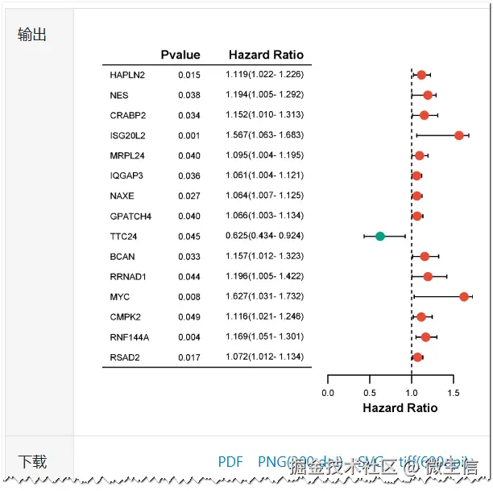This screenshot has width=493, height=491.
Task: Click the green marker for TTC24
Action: click(380, 236)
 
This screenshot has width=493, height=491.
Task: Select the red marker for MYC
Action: click(464, 297)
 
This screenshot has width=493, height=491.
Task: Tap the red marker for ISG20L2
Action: click(459, 135)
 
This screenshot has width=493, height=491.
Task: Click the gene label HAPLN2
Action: click(127, 75)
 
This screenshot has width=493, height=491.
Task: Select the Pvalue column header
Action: click(180, 55)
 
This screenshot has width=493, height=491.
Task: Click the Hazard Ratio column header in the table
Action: click(266, 55)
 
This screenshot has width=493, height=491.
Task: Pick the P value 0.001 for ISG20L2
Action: click(189, 135)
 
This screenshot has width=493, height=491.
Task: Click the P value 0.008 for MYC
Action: click(189, 297)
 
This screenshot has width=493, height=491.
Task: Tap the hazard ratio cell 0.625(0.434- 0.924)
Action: click(264, 236)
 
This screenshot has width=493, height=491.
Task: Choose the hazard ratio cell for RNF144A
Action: click(264, 336)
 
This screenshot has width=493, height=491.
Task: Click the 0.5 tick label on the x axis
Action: click(370, 393)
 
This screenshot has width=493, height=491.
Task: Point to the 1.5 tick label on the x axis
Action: click(454, 393)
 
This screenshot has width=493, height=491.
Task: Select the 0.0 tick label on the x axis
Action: click(328, 393)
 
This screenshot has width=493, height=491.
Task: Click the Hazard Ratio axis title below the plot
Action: click(400, 408)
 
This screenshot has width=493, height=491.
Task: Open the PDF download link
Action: click(230, 462)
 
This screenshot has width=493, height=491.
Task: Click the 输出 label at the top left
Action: click(32, 34)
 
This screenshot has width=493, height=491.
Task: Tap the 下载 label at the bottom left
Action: click(32, 461)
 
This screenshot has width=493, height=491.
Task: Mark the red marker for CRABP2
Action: click(425, 115)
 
